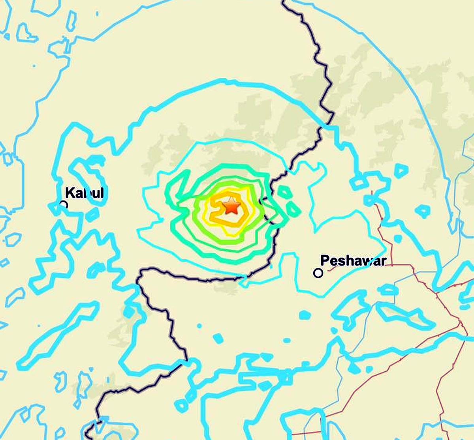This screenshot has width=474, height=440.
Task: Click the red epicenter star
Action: click(231, 206)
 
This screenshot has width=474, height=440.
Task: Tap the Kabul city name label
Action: click(84, 193)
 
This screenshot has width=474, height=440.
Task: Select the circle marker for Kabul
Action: click(63, 204)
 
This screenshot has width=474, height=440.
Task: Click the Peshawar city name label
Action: click(353, 260)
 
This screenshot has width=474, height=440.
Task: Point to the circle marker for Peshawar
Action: click(318, 273)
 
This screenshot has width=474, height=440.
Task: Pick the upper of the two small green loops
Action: click(284, 192)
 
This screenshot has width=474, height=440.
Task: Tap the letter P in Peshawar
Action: click(325, 260)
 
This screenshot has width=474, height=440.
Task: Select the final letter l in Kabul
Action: click(102, 193)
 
